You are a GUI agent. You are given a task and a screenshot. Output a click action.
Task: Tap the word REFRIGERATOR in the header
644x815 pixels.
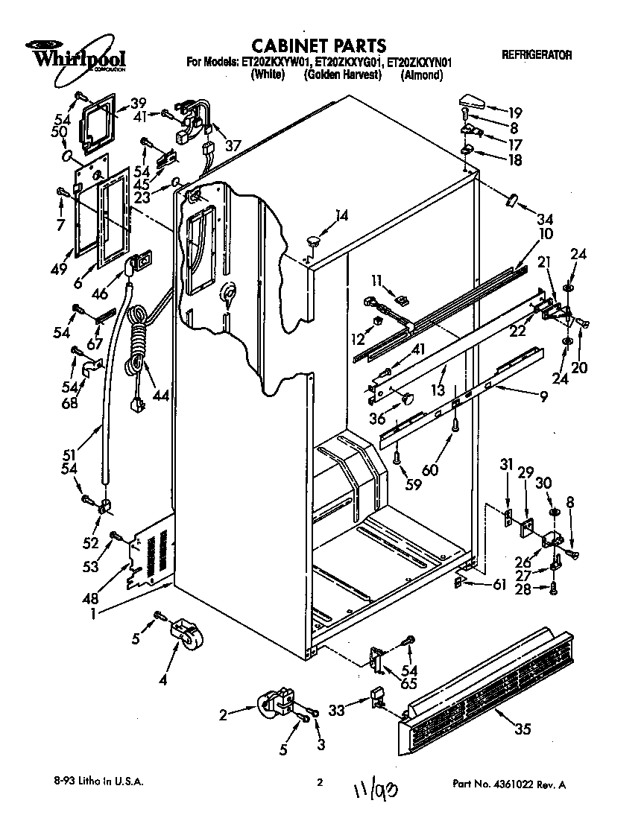pyautogui.click(x=537, y=55)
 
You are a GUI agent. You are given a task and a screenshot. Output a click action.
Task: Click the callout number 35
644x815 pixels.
pyautogui.click(x=523, y=729)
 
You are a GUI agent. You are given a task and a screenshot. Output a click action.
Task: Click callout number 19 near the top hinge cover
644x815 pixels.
pyautogui.click(x=515, y=113)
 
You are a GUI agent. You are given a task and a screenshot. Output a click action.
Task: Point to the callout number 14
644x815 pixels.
pyautogui.click(x=341, y=216)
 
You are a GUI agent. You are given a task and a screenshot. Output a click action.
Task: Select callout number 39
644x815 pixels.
pyautogui.click(x=138, y=103)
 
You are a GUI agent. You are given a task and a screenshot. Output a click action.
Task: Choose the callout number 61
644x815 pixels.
pyautogui.click(x=499, y=585)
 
